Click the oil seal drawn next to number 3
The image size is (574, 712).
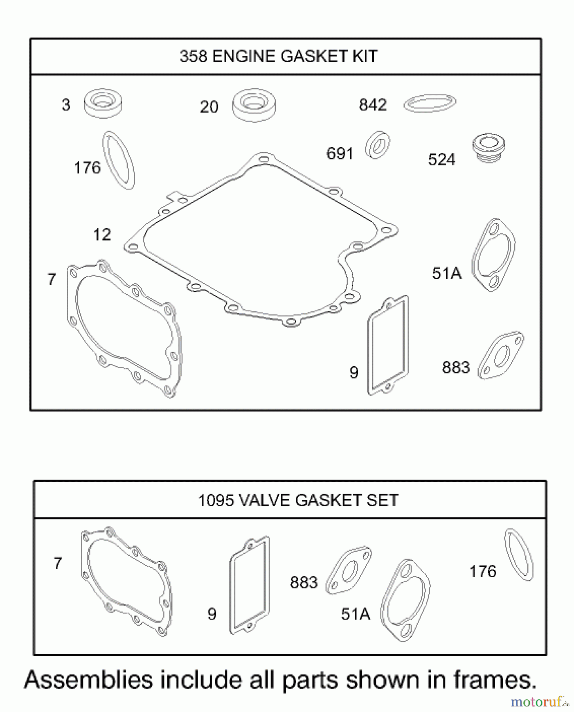click(x=103, y=103)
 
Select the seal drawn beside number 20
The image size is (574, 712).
click(x=254, y=105)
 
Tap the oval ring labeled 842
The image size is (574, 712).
click(x=430, y=103)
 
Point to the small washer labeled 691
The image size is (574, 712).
click(x=378, y=145)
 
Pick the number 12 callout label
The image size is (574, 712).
click(x=102, y=235)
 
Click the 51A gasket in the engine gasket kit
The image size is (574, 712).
click(x=494, y=255)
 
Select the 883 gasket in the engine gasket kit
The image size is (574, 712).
click(x=501, y=355)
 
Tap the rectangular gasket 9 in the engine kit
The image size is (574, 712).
click(x=388, y=345)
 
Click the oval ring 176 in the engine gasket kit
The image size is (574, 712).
click(x=119, y=160)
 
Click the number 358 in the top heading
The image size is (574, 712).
click(x=193, y=56)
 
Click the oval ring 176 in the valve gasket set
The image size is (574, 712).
click(x=519, y=555)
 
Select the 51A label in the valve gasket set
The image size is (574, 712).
click(x=355, y=614)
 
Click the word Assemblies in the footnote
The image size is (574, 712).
click(x=89, y=680)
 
